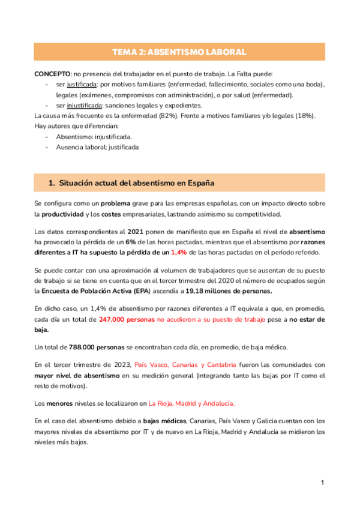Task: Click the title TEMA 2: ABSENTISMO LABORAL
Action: [179, 53]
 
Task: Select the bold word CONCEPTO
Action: [52, 73]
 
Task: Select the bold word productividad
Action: [64, 214]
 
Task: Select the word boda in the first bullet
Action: [310, 84]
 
